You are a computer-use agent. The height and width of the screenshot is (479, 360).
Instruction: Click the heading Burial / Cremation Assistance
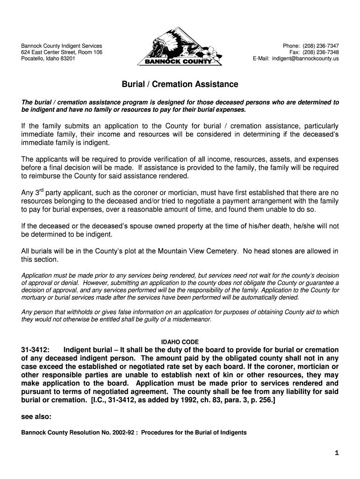pyautogui.click(x=180, y=85)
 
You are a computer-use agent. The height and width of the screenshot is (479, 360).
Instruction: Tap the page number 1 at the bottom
pyautogui.click(x=337, y=453)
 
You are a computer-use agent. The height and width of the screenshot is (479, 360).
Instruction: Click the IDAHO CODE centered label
pyautogui.click(x=180, y=342)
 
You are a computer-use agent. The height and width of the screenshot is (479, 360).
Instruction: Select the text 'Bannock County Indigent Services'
pyautogui.click(x=61, y=46)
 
